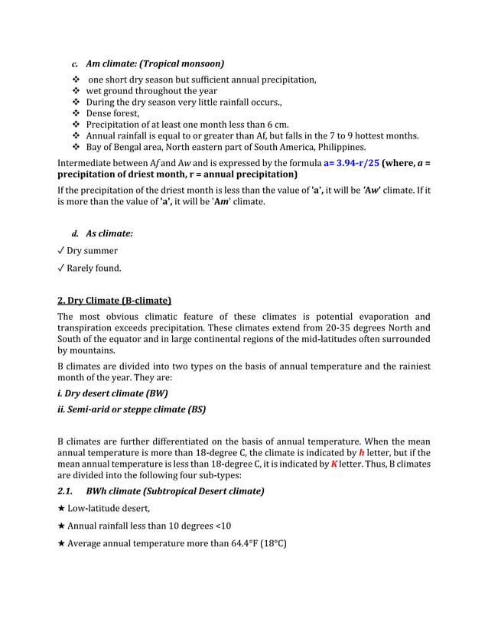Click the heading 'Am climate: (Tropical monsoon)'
[155, 64]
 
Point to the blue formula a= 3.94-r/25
[351, 163]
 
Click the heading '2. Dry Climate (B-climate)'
[115, 300]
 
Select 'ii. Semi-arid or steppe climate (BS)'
[132, 409]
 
